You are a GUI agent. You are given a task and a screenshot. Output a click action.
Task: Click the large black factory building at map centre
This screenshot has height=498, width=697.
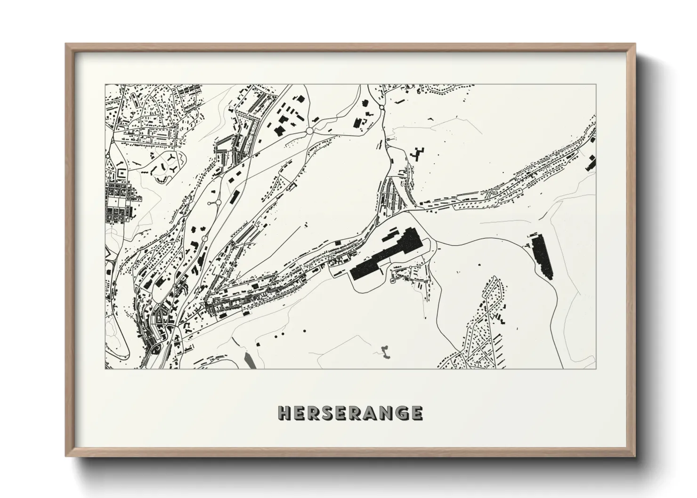[x=386, y=254]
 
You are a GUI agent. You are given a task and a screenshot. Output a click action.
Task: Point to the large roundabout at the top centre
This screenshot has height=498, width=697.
[x=310, y=130]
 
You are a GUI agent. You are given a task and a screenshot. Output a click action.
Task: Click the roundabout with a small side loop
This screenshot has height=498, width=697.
[x=218, y=202]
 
